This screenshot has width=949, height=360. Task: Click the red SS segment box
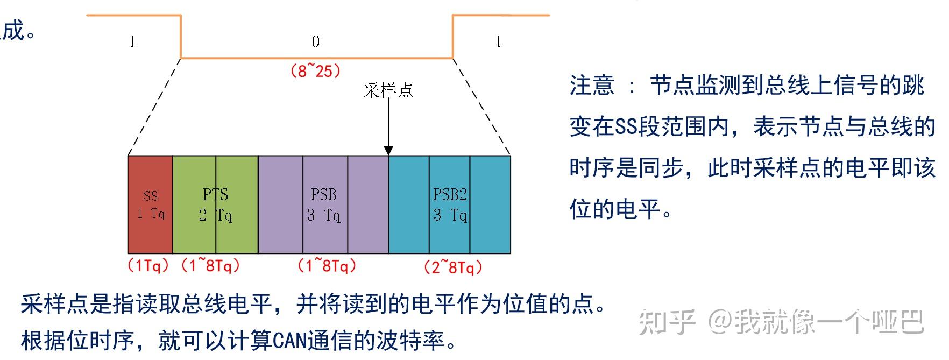[x=150, y=204]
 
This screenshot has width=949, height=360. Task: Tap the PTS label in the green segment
[x=215, y=194]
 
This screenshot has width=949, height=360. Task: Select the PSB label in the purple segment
[x=323, y=194]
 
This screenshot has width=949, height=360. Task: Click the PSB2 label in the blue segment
[x=450, y=194]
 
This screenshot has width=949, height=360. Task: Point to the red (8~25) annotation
[x=315, y=70]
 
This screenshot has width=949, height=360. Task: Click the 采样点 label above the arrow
[x=388, y=90]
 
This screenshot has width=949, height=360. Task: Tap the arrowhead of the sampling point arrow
[x=388, y=151]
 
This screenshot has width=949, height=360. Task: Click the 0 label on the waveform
[x=316, y=42]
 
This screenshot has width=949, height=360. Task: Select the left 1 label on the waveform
[x=132, y=42]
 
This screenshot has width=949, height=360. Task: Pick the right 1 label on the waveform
[x=499, y=42]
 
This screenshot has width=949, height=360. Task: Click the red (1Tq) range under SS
[x=148, y=265]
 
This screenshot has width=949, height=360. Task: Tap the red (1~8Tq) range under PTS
[x=210, y=265]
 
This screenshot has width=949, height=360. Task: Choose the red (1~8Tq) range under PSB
[x=327, y=265]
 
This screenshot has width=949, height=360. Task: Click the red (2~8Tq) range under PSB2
[x=452, y=267]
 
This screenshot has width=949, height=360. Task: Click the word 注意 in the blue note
[x=592, y=86]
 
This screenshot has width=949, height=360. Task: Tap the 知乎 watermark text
[x=667, y=322]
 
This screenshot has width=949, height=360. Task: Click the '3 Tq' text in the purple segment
[x=324, y=215]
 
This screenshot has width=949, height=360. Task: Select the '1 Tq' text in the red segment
[x=151, y=214]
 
